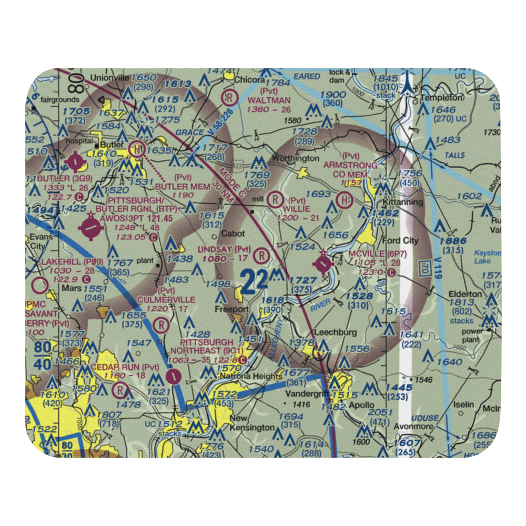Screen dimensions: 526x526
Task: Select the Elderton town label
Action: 464,294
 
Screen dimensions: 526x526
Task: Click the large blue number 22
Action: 254,280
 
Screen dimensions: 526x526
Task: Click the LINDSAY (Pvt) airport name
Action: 224,249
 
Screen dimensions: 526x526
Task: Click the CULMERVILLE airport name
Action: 166,299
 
